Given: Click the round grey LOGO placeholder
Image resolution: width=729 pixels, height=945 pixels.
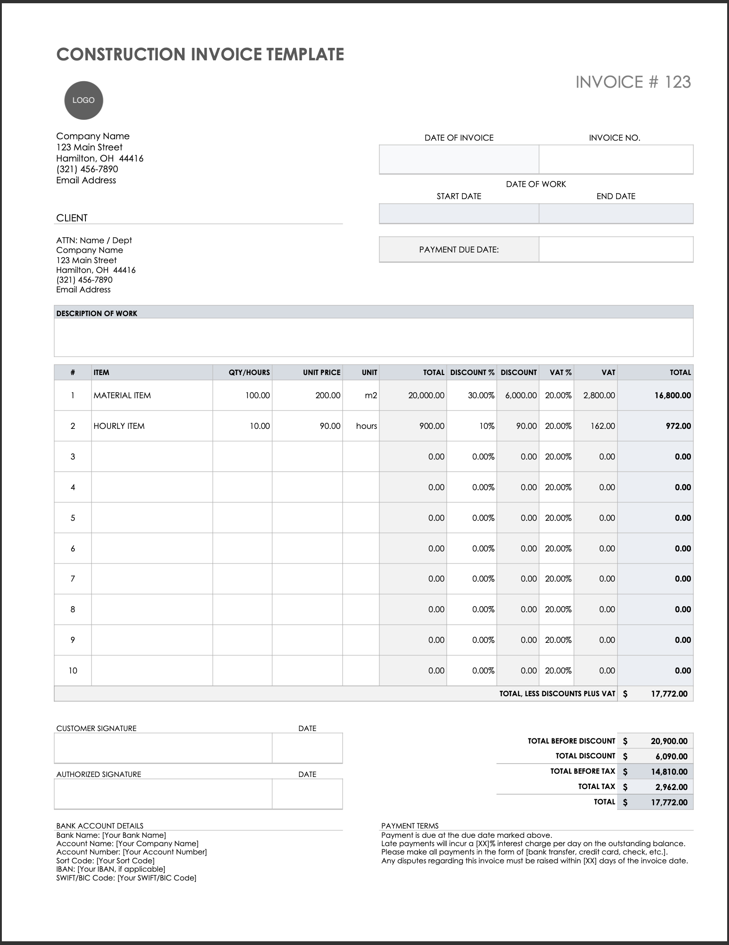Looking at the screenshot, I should (x=83, y=100).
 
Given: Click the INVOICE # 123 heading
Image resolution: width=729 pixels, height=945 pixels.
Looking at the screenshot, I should (x=633, y=82).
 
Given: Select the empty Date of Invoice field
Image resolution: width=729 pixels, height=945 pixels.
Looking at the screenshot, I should (x=459, y=159).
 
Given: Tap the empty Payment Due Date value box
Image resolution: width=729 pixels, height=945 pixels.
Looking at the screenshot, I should (x=616, y=249).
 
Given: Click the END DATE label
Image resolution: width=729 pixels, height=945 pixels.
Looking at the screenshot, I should (x=616, y=196).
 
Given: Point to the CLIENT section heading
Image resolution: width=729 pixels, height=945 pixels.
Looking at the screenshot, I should (x=72, y=218).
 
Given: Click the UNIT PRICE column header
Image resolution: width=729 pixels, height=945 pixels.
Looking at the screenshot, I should (x=321, y=372).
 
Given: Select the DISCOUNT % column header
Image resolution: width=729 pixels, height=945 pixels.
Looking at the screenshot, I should (x=472, y=372).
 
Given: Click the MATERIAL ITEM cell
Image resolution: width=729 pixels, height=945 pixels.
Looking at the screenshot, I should (x=122, y=395).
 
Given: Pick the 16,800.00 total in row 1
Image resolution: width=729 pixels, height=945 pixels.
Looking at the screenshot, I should (x=672, y=395).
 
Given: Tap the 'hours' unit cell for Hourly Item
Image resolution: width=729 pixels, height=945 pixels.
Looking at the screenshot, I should (x=366, y=426).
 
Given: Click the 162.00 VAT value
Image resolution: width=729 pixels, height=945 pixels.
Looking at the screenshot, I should (x=603, y=426).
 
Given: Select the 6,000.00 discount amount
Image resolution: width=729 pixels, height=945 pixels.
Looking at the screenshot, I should (x=521, y=395).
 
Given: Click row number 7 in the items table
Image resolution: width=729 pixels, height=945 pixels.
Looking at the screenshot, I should (x=72, y=579).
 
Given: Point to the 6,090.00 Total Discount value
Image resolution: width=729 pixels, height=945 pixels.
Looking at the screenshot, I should (x=671, y=756).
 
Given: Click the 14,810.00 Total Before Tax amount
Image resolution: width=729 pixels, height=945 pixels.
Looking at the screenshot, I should (x=669, y=771).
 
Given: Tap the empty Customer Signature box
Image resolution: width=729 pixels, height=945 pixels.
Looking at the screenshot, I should (x=163, y=748).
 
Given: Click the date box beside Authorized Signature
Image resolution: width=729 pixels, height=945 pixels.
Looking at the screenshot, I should (x=307, y=794).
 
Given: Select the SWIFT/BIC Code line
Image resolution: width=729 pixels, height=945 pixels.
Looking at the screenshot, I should (x=126, y=878).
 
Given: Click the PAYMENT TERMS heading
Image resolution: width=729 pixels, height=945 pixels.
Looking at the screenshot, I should (x=410, y=826).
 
